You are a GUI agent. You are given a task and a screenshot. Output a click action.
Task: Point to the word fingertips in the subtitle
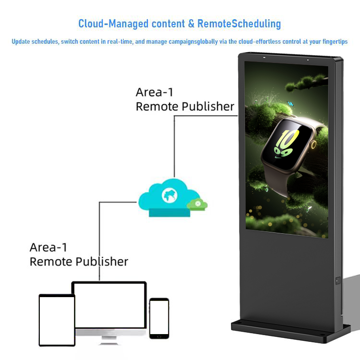(334, 42)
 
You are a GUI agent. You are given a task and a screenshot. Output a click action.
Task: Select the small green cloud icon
(197, 204)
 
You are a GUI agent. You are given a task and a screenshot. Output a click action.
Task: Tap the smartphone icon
(158, 318)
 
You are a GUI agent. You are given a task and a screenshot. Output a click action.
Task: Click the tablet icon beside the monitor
(57, 320)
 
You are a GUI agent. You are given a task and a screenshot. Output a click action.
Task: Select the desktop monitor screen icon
(109, 305)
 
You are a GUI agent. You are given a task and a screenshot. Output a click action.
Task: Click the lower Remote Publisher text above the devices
(79, 262)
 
